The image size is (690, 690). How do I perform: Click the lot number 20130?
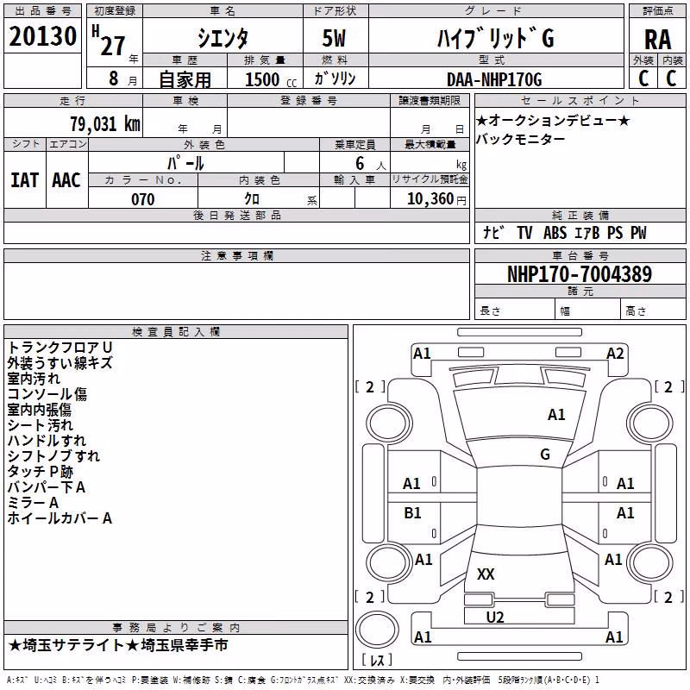coord(42,36)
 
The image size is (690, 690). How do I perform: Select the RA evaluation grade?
coord(658,40)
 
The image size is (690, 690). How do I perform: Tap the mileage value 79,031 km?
coord(105,123)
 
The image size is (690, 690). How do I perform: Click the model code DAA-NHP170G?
coord(494,79)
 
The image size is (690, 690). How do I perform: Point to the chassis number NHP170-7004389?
coord(580,274)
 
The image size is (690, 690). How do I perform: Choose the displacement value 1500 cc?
coord(271,79)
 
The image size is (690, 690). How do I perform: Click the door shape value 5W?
coord(334,38)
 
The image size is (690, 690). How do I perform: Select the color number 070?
coord(143,199)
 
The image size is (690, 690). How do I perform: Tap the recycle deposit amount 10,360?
coord(430,199)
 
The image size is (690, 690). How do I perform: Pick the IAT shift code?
coord(25,180)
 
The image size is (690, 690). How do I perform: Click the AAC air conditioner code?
coord(66,180)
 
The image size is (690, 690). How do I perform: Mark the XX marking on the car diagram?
coord(486,574)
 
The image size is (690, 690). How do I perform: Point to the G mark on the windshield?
coord(545,455)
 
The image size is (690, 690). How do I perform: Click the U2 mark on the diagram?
coord(495,618)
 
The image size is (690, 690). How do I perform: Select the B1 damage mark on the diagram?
coord(412,512)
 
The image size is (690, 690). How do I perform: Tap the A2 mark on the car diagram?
coord(615,354)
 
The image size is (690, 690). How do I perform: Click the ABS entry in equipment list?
coord(555,233)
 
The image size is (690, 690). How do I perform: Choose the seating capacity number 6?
coord(360,163)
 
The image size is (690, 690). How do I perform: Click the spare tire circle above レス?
coord(377,629)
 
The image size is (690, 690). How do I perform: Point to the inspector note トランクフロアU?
coord(60,348)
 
